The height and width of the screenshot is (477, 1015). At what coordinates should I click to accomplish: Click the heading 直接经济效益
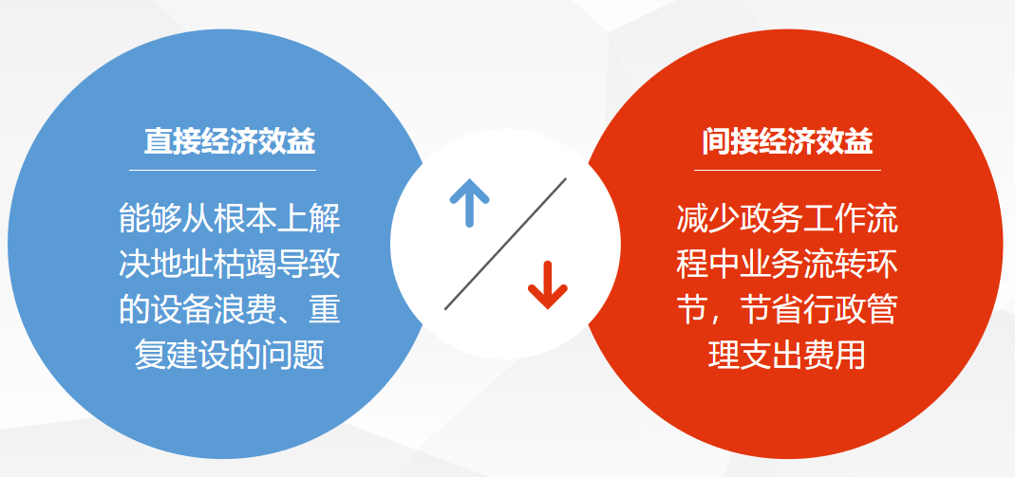point(230,141)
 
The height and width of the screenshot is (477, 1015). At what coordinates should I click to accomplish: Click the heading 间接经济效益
point(788,141)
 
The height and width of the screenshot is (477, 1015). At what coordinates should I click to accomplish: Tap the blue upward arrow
point(469,202)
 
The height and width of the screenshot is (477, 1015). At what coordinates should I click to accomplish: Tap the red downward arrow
point(548,285)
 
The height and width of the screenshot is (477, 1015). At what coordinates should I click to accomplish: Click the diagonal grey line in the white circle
point(505,244)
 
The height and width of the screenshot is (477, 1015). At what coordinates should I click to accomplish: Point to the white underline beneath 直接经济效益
point(223,170)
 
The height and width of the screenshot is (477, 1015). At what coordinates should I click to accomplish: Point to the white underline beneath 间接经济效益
point(787,170)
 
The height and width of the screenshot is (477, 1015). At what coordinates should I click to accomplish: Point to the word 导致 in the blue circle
point(308,265)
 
